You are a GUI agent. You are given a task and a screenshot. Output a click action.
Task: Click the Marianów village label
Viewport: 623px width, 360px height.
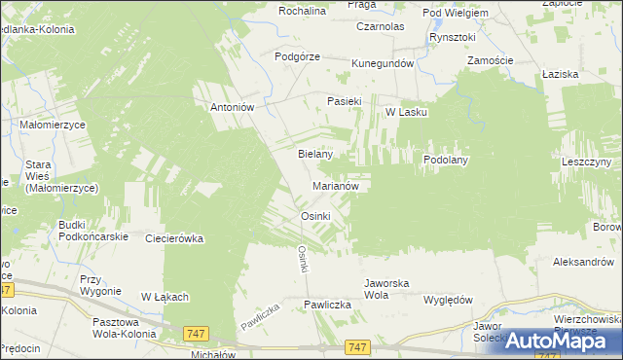point(338,185)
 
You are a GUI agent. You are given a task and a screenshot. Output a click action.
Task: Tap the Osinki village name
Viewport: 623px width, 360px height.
point(316,215)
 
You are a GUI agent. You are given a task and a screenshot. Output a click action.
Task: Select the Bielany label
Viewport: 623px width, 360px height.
point(315,154)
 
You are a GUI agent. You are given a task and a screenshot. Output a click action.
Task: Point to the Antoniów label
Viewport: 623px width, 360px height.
point(233,108)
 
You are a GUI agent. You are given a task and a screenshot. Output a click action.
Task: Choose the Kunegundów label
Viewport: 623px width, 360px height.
point(383,63)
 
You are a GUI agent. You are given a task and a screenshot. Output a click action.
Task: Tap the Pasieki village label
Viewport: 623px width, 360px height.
point(345,100)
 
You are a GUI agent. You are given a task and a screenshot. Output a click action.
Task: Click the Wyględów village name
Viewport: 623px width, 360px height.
point(448,300)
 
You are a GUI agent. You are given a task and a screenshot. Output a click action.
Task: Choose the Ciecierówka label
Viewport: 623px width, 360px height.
point(173,237)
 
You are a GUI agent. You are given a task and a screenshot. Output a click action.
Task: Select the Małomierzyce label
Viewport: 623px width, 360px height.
point(54,126)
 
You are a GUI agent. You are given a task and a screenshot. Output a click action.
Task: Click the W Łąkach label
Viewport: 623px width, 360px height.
point(165,297)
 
